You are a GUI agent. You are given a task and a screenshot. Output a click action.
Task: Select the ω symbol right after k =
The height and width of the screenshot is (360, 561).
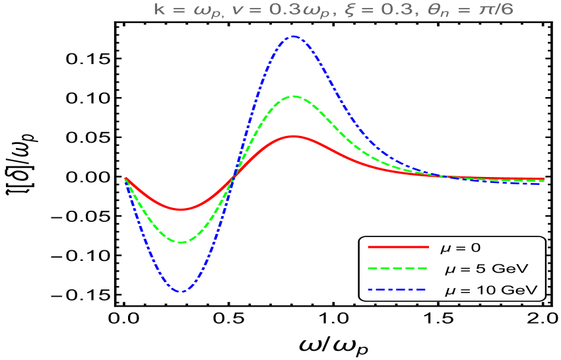tap(193, 11)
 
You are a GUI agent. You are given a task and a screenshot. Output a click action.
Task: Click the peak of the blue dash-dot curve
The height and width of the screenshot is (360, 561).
tap(293, 36)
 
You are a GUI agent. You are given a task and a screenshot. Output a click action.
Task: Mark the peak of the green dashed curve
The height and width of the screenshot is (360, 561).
tap(293, 96)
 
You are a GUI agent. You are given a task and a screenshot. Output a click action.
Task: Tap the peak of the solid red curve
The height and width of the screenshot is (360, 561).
tap(294, 136)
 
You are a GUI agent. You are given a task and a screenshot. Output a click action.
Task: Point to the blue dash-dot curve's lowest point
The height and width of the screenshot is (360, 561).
tap(181, 291)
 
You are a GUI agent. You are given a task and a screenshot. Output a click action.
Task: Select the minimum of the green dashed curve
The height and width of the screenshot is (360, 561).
tap(181, 242)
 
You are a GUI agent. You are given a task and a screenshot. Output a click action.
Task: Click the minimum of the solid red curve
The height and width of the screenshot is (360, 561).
tap(181, 209)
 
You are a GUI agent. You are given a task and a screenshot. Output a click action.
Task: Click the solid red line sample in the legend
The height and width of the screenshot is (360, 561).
tap(398, 246)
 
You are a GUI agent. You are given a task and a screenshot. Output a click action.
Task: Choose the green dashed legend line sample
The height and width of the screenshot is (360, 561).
tap(398, 268)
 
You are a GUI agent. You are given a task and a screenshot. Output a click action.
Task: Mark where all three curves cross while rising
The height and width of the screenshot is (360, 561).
tap(233, 177)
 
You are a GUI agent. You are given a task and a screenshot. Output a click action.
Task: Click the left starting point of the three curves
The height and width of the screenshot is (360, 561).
tap(125, 178)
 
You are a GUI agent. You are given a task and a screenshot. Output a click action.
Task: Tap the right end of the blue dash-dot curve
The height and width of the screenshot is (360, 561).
tap(543, 183)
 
